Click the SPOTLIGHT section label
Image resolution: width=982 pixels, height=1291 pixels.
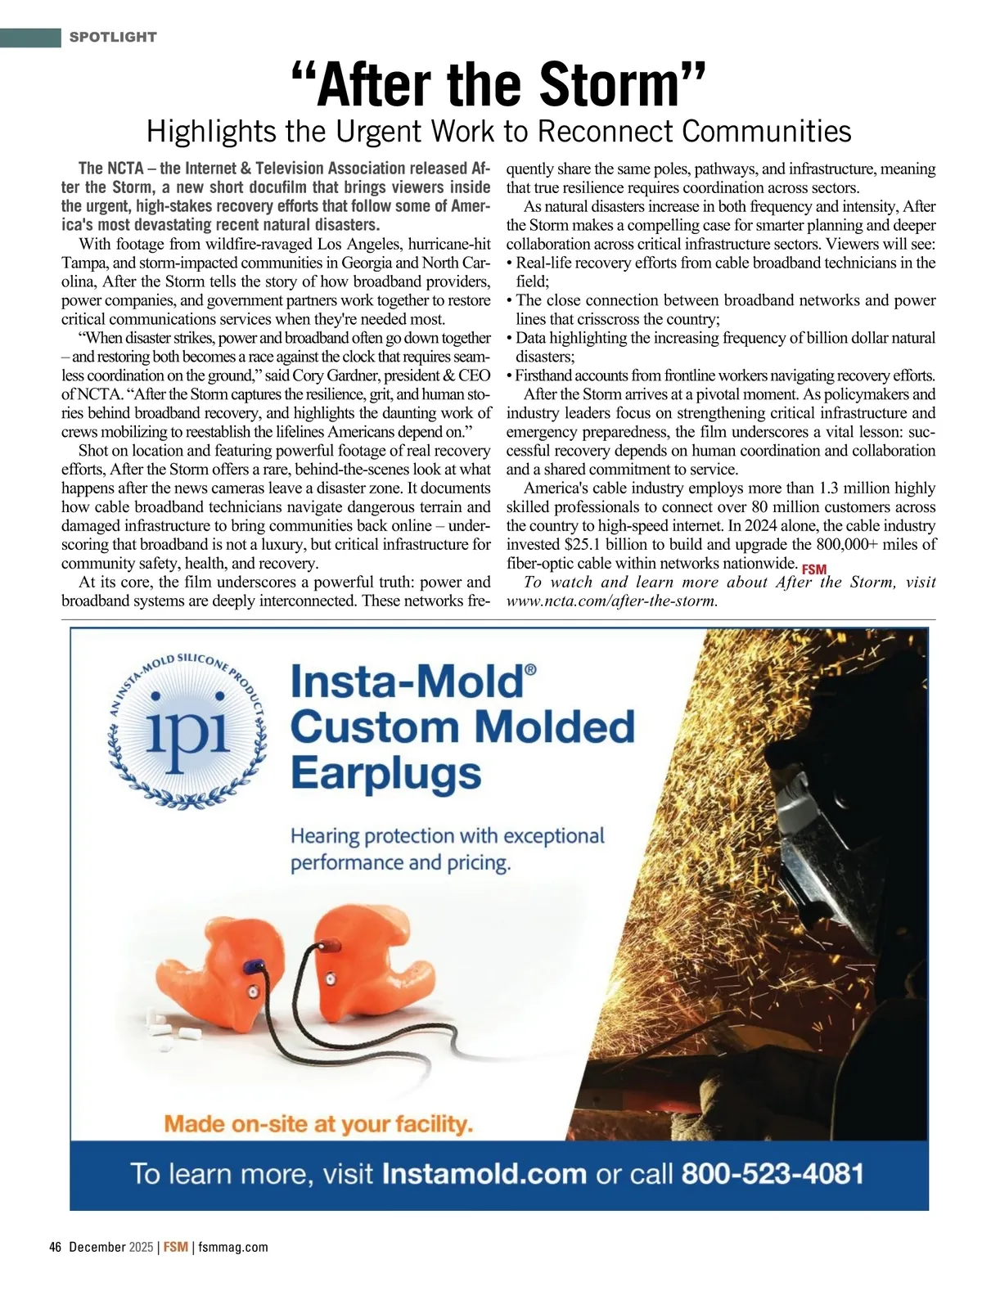[113, 37]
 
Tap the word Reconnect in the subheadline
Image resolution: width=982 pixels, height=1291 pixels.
[605, 131]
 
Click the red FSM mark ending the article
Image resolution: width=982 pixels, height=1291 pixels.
[814, 569]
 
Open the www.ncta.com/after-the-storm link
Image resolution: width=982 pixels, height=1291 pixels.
[612, 601]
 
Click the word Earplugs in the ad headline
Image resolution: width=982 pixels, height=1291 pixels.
[385, 774]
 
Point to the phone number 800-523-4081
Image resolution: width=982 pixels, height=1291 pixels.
[773, 1174]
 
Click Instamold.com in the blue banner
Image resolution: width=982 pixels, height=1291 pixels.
[484, 1174]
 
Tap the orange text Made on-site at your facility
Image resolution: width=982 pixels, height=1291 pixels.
[318, 1123]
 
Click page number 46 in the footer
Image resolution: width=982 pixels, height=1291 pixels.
[56, 1248]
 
